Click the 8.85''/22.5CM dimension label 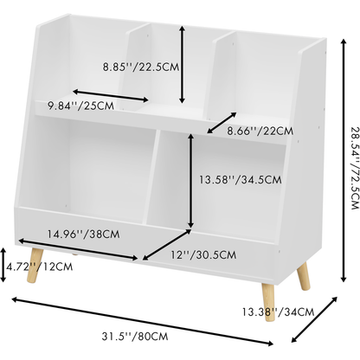(141, 67)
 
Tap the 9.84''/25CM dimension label (80, 106)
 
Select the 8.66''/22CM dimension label (260, 131)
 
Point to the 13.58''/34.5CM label (240, 180)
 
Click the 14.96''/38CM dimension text (83, 234)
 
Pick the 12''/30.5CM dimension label (203, 255)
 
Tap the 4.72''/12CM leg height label (39, 267)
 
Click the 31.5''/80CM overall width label (135, 337)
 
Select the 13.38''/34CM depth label (278, 312)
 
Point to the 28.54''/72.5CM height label (355, 168)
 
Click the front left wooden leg (35, 265)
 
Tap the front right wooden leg (268, 303)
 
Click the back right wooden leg (304, 276)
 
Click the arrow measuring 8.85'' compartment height (182, 64)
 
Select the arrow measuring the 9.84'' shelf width (111, 96)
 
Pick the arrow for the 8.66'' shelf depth (222, 123)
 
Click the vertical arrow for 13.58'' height (190, 181)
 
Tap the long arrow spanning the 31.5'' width (142, 321)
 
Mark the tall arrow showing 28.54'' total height (344, 160)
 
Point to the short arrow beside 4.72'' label (3, 265)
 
